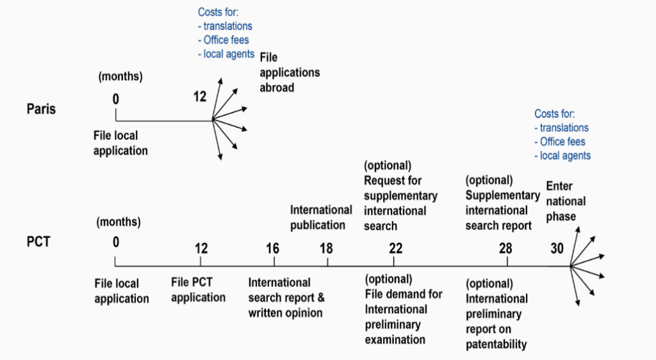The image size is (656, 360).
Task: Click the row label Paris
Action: [x=41, y=109]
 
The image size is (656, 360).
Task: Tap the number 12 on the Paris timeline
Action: [x=200, y=97]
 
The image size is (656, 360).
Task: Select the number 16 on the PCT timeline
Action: [x=273, y=248]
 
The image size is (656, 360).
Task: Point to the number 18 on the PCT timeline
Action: [x=326, y=248]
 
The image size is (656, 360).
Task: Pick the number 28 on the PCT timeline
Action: [x=505, y=248]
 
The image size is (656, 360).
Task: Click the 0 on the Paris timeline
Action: [x=116, y=99]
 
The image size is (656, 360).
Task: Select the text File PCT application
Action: [x=198, y=290]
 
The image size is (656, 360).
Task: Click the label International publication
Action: [x=321, y=217]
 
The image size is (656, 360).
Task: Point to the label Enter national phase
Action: [x=566, y=201]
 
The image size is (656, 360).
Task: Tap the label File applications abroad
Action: [x=290, y=72]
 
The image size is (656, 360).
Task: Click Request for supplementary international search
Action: [x=400, y=203]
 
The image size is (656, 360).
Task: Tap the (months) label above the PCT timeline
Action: [x=119, y=223]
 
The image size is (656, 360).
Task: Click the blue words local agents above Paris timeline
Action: [x=229, y=54]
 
